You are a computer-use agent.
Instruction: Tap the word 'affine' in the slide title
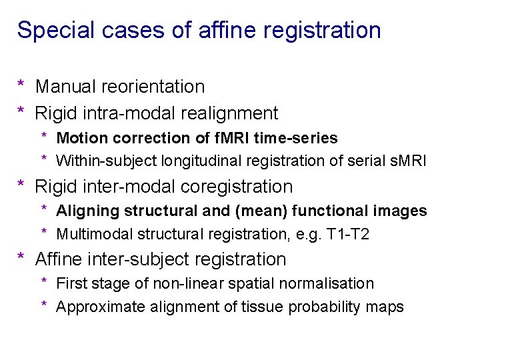(x=203, y=30)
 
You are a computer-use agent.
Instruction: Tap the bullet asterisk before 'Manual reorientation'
(x=21, y=85)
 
